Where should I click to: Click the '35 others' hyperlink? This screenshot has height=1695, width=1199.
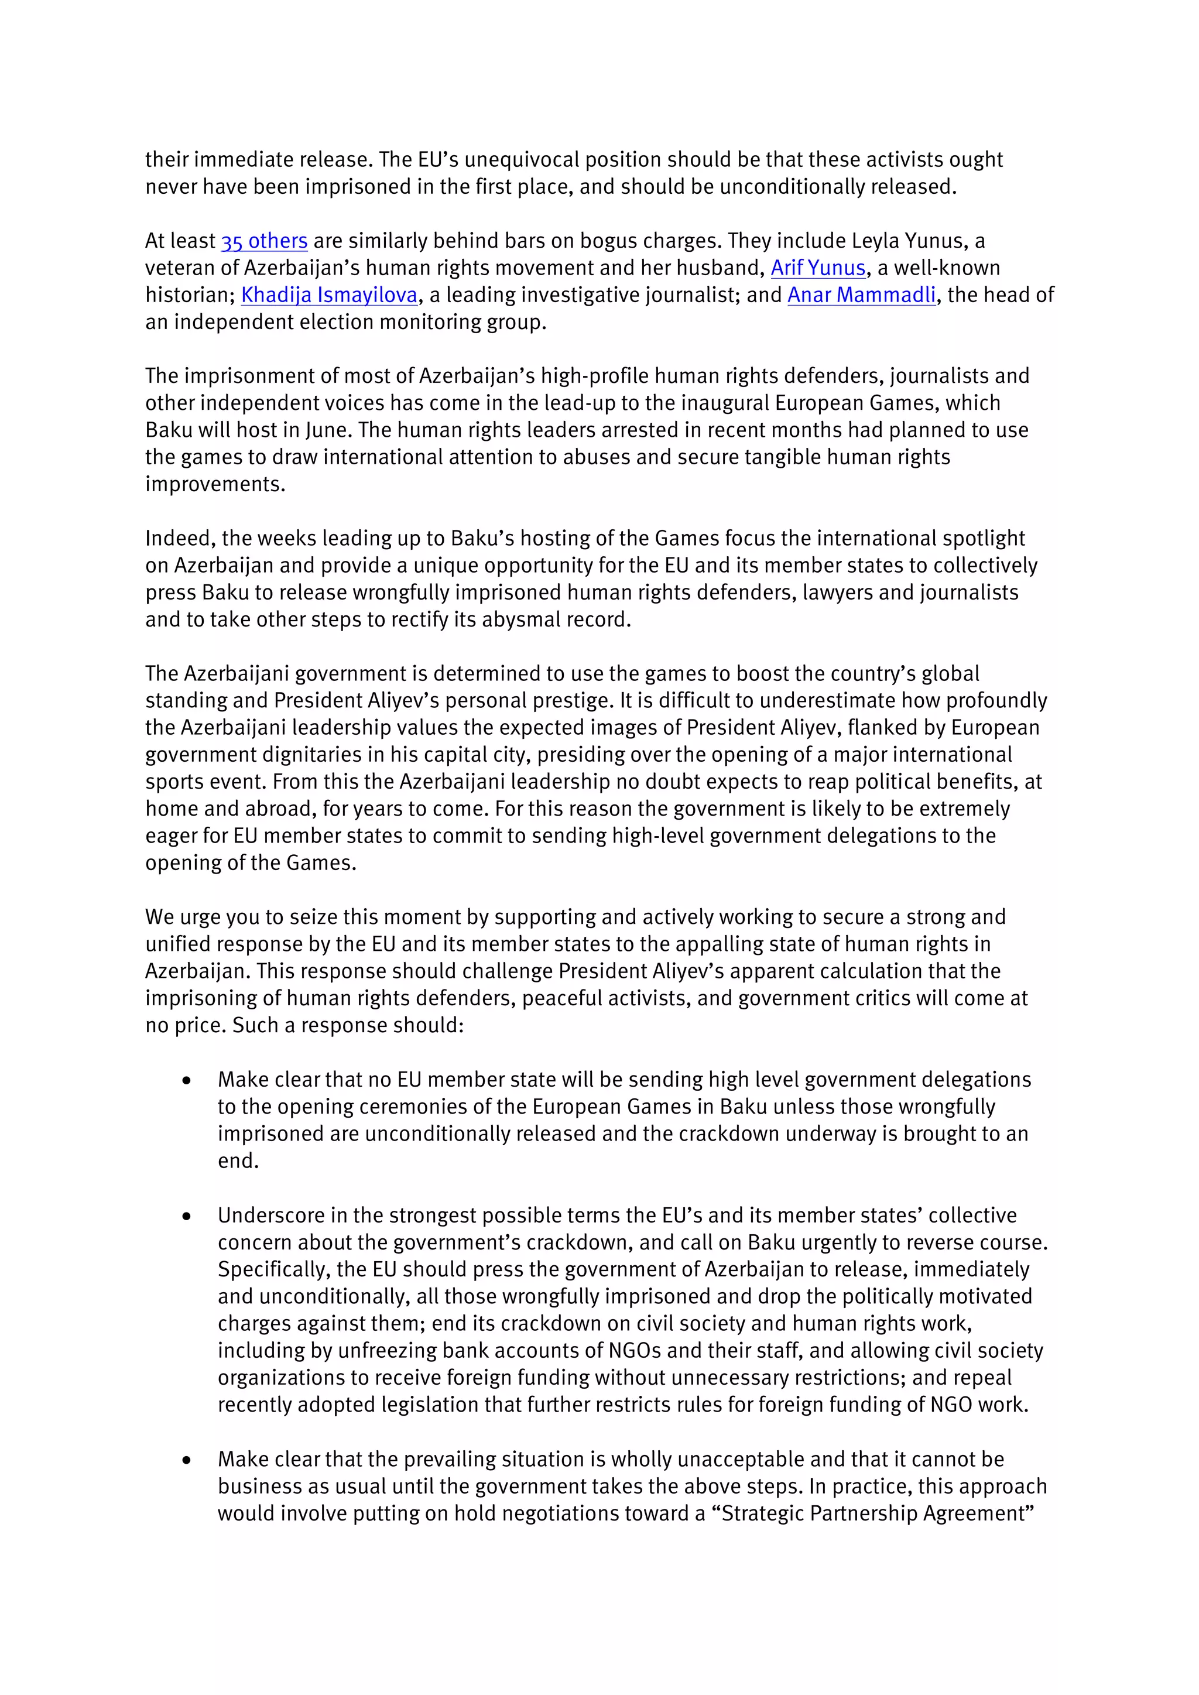point(263,241)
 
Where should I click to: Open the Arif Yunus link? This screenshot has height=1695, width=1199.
point(818,268)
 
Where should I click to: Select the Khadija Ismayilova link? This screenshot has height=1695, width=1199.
point(329,295)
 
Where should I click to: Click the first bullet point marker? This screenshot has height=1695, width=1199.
point(186,1081)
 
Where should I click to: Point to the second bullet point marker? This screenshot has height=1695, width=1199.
point(186,1216)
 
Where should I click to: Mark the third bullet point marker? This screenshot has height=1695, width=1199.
point(186,1460)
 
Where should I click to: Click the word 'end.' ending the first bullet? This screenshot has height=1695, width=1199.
point(238,1161)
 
